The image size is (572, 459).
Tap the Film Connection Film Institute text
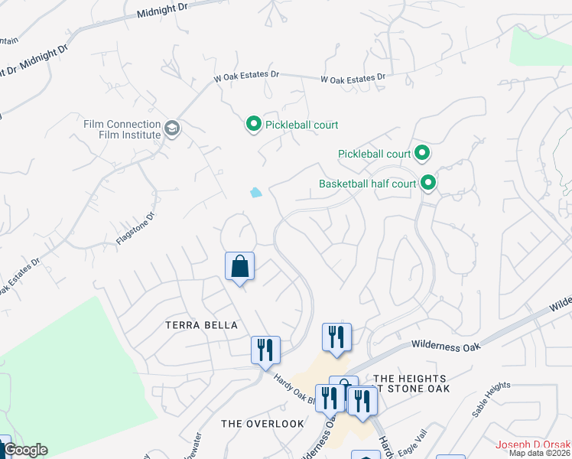click(122, 129)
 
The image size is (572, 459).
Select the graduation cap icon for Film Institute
click(172, 129)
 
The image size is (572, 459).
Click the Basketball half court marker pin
click(428, 183)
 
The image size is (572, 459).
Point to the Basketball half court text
click(367, 184)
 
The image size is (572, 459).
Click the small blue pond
click(255, 193)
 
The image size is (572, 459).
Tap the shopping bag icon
click(239, 267)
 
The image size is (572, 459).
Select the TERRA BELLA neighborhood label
click(197, 325)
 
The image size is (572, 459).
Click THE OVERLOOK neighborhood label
click(262, 423)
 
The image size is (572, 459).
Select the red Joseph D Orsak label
click(533, 444)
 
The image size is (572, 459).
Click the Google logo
click(24, 450)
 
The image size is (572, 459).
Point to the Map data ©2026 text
click(539, 453)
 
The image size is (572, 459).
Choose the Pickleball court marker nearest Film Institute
click(253, 124)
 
